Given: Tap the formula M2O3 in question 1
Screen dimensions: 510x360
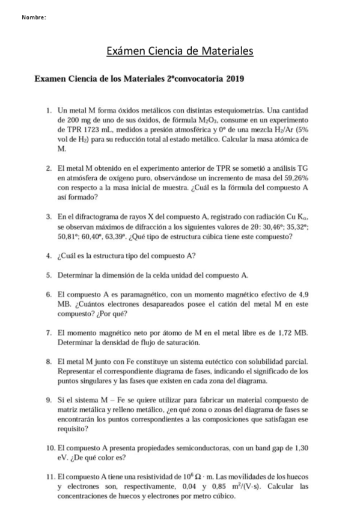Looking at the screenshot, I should click(212, 120).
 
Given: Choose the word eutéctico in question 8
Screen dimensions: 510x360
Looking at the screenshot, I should click(213, 361).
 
